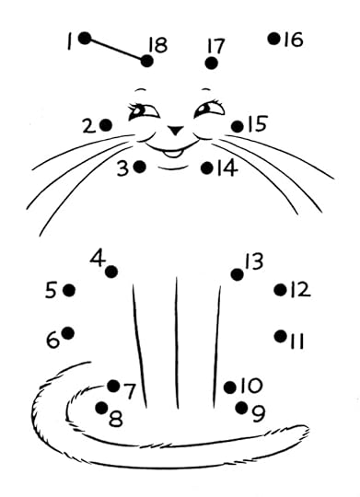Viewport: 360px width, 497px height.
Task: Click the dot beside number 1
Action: [85, 39]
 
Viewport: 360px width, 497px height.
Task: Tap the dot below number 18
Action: [146, 61]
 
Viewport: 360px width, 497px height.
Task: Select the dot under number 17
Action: [211, 64]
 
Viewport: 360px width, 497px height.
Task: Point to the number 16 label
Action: [293, 40]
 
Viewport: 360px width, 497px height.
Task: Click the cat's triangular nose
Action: [176, 130]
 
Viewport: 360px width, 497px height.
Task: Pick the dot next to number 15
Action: [238, 126]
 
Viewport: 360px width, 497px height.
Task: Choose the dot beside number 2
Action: [106, 125]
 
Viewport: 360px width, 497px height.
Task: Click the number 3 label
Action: [122, 168]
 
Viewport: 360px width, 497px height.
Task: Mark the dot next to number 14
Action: [207, 168]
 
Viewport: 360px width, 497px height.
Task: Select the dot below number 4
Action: [111, 272]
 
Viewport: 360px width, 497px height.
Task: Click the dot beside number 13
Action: [237, 274]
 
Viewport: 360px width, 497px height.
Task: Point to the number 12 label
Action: [300, 290]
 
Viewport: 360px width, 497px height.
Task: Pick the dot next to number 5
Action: [69, 290]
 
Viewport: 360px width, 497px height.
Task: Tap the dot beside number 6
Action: [68, 333]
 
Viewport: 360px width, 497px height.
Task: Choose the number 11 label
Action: [296, 341]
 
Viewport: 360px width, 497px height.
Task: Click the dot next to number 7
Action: [113, 386]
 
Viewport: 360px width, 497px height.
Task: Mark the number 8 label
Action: [115, 419]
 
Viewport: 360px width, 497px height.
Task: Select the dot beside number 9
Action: [242, 408]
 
